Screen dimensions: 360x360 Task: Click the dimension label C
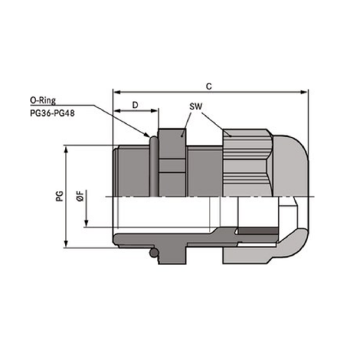209,86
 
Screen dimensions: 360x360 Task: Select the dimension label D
135,105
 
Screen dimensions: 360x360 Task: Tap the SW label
196,107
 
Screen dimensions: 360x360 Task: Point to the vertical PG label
59,196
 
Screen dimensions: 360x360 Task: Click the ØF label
80,196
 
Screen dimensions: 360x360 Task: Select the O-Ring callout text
43,100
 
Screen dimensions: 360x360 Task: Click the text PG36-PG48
52,113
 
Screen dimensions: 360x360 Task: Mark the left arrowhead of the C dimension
117,92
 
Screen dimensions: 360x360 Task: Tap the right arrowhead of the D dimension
154,111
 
